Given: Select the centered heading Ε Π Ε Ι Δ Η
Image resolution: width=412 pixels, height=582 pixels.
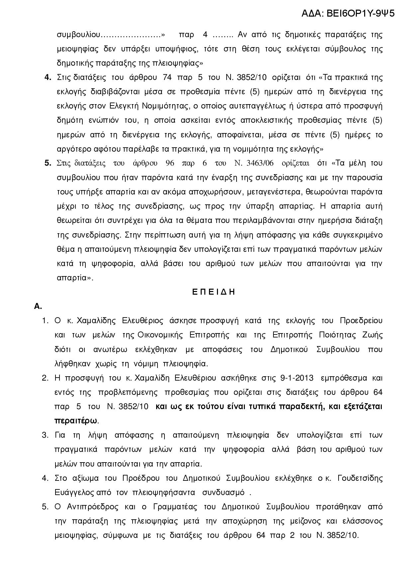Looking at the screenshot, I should [x=214, y=292].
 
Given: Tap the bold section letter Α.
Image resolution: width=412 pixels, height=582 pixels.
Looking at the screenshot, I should [x=38, y=306].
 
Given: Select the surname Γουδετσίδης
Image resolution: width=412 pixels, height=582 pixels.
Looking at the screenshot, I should [x=360, y=478].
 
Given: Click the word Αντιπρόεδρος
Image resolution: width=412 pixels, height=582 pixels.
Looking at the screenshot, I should [x=93, y=507].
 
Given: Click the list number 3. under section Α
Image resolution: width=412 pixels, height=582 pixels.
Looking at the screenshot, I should [x=45, y=435].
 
